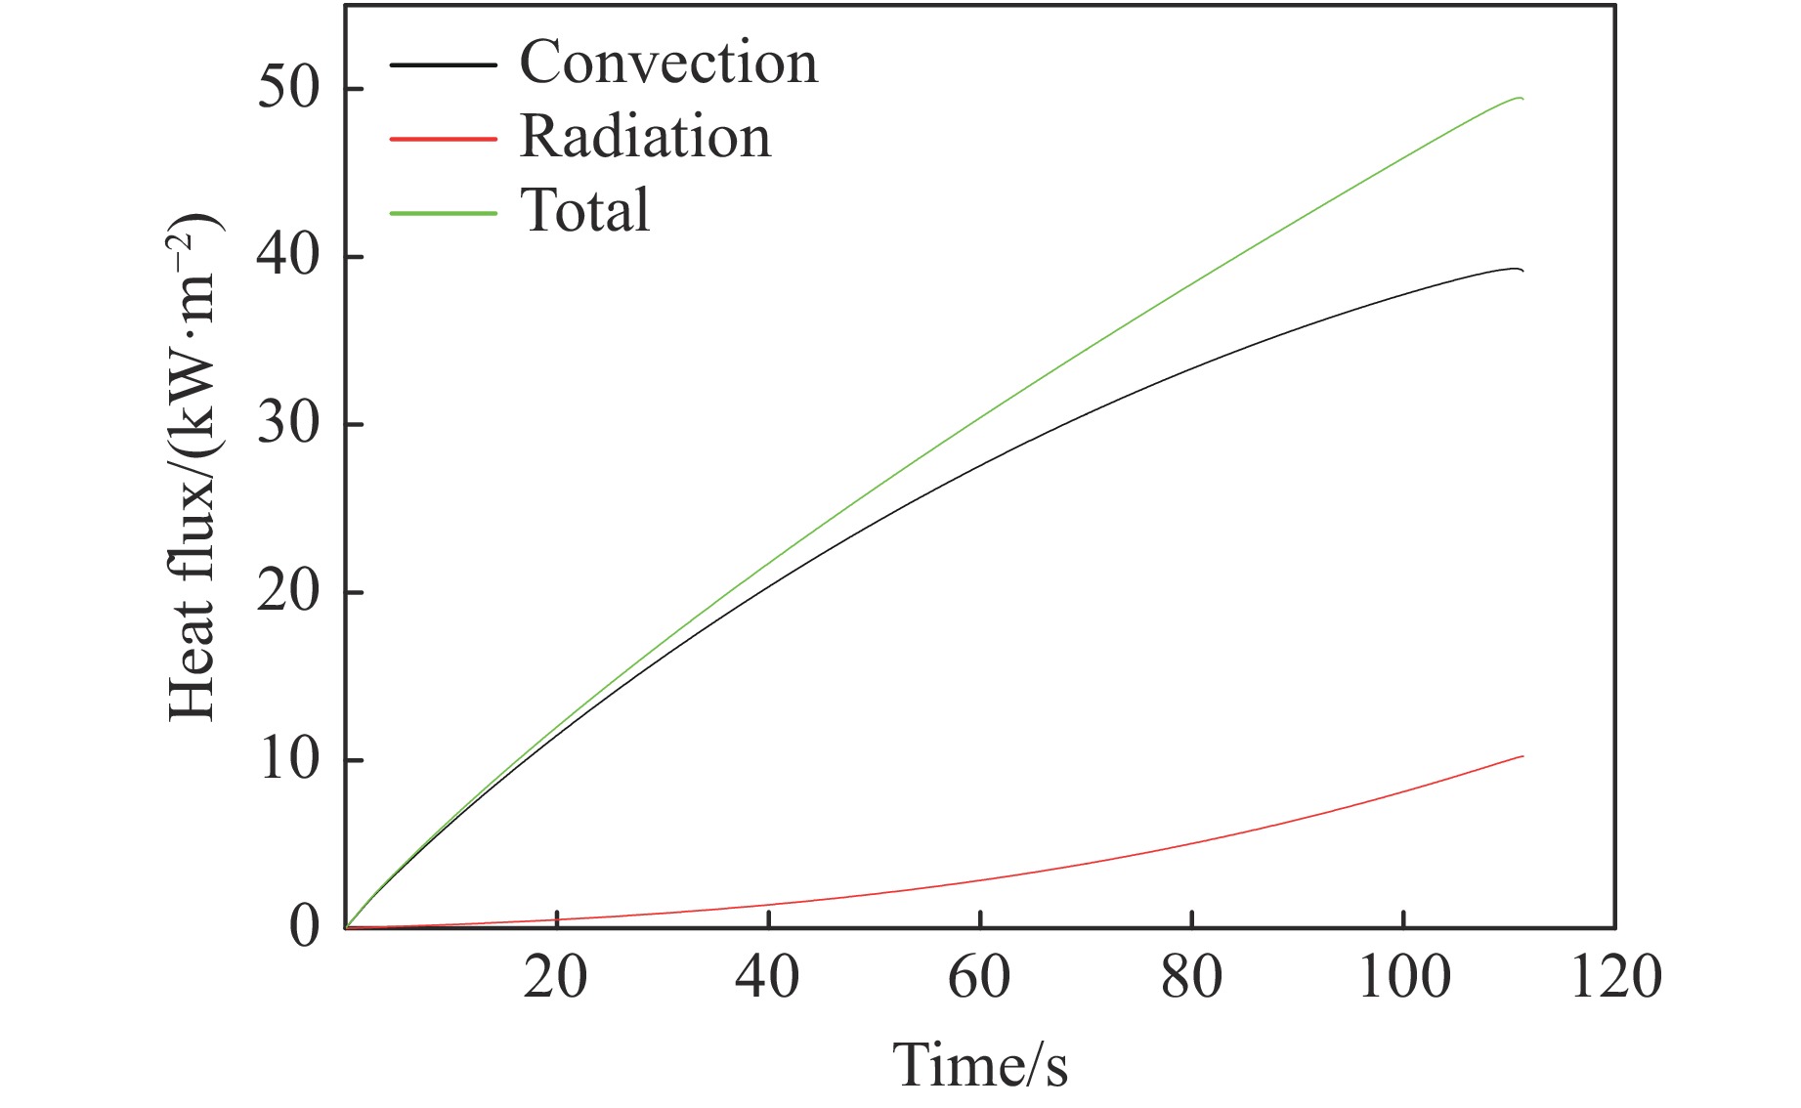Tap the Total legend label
(x=585, y=210)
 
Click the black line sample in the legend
(x=443, y=65)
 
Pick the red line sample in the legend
(x=443, y=139)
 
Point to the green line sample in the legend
(x=443, y=213)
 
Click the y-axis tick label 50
(x=288, y=89)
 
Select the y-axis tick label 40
(x=288, y=256)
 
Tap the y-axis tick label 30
(x=288, y=424)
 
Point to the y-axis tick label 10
(x=288, y=759)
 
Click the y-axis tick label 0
(x=304, y=925)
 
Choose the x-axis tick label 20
(x=555, y=976)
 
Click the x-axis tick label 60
(x=979, y=976)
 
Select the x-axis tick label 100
(x=1403, y=976)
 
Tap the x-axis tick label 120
(x=1615, y=976)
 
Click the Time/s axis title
(x=980, y=1064)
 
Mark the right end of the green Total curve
(x=1522, y=99)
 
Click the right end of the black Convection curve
(x=1522, y=271)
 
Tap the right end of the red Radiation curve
(x=1522, y=756)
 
